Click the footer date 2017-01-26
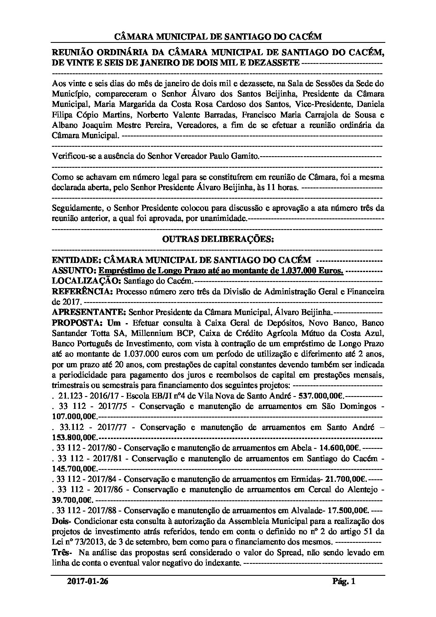pos(88,582)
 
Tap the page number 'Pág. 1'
pos(344,582)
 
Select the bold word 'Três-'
pos(62,552)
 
